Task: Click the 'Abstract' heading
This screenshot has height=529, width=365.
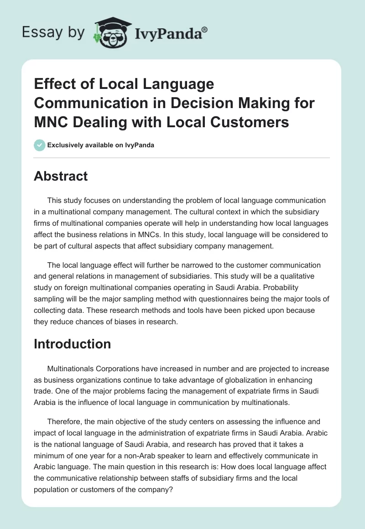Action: (x=61, y=176)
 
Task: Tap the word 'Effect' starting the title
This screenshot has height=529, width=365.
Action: (x=55, y=84)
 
